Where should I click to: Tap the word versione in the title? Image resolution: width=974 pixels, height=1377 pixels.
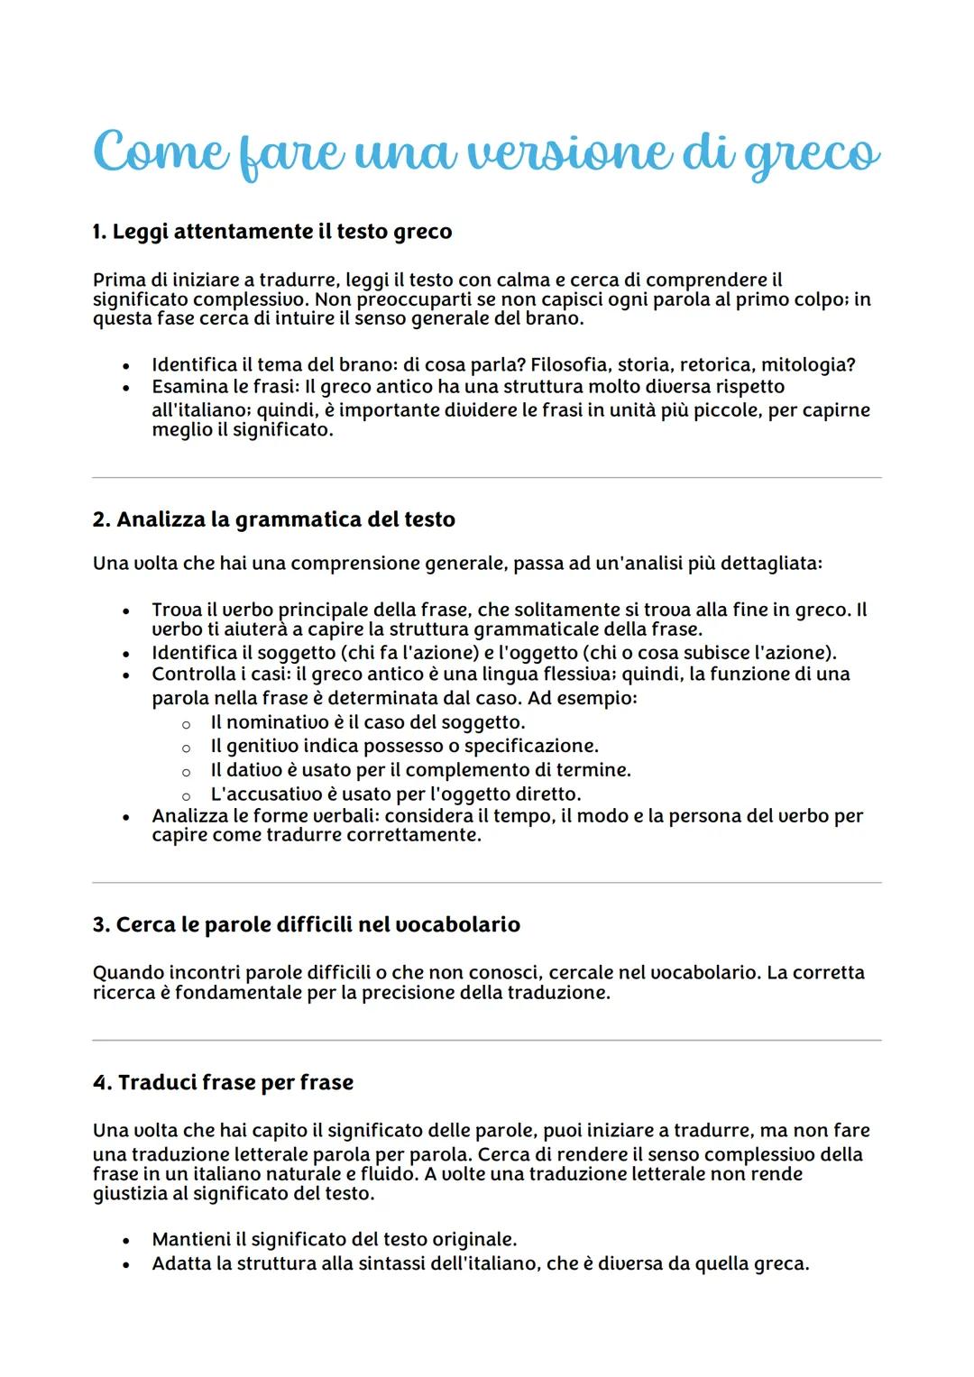tap(558, 151)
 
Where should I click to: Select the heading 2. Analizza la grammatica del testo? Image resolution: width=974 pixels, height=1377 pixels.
tap(273, 519)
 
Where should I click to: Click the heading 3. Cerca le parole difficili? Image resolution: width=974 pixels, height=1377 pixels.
tap(306, 924)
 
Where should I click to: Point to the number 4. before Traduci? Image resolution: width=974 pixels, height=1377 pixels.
tap(102, 1082)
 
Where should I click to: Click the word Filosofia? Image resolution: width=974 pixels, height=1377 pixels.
tap(569, 365)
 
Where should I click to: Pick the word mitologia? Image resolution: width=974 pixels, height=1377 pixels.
tap(808, 365)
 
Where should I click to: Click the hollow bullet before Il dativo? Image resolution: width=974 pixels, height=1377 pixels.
tap(186, 771)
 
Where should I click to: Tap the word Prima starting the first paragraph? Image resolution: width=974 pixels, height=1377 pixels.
tap(117, 280)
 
